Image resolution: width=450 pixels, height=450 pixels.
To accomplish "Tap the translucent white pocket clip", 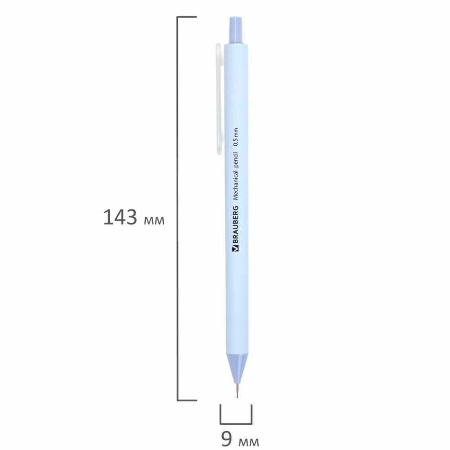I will tap(219, 99).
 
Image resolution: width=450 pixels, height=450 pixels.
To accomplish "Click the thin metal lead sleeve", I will tap(237, 390).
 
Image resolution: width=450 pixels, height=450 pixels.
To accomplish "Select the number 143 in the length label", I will tap(120, 217).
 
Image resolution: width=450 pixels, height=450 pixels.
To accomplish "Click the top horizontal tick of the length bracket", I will tap(187, 18).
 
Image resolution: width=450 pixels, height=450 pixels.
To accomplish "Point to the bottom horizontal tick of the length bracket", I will tap(187, 400).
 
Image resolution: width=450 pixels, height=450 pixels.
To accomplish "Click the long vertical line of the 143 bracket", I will tap(178, 207).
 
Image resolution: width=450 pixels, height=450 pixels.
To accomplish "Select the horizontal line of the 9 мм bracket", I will tap(236, 423).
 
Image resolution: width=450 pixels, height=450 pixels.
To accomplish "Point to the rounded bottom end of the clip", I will tap(219, 150).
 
